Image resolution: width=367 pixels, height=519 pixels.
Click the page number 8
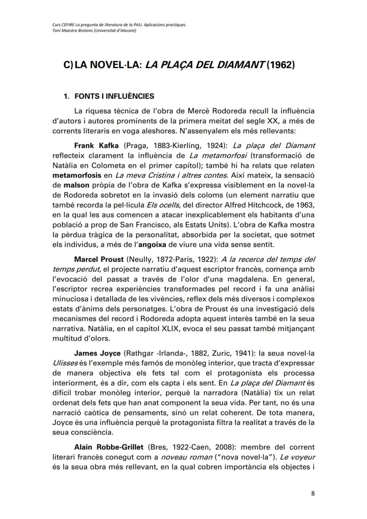[312, 495]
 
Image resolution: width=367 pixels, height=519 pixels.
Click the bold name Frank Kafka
[94, 145]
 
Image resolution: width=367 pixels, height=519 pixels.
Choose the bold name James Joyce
[94, 353]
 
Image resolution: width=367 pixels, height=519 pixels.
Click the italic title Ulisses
[64, 363]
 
